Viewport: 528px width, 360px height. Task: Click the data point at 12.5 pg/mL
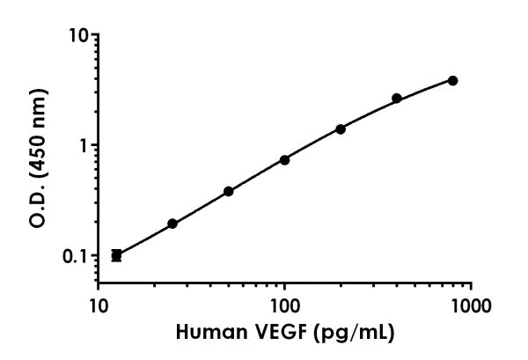pyautogui.click(x=116, y=255)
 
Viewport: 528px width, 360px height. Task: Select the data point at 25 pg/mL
pyautogui.click(x=172, y=224)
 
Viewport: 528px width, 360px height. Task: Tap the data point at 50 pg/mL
pyautogui.click(x=229, y=191)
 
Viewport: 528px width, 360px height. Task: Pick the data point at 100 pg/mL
pyautogui.click(x=284, y=159)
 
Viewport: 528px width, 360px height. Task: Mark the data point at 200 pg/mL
pyautogui.click(x=341, y=129)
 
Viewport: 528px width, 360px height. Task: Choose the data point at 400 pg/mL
pyautogui.click(x=397, y=98)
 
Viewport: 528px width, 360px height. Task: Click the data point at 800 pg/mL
pyautogui.click(x=452, y=80)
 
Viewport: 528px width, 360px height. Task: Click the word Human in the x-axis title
pyautogui.click(x=206, y=334)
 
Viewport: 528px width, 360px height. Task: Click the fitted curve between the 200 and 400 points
pyautogui.click(x=370, y=113)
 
